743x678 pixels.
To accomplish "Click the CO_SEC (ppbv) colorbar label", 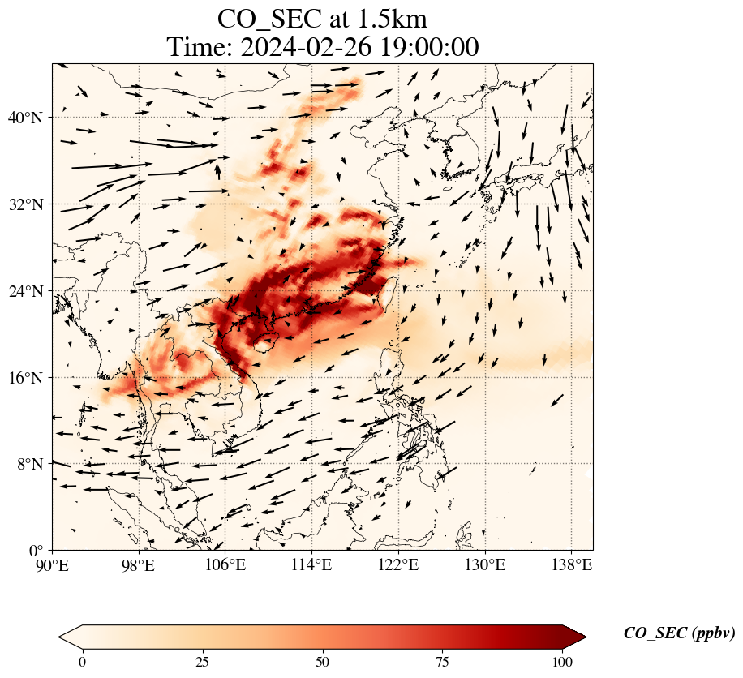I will tap(679, 633).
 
